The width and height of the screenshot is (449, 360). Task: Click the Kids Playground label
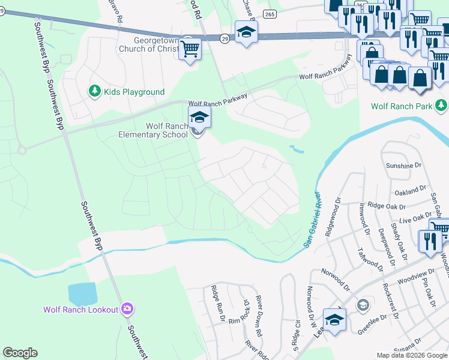click(x=134, y=92)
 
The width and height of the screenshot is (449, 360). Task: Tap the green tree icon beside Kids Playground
click(x=94, y=91)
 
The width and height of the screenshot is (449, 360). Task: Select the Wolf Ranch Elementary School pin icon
click(x=199, y=118)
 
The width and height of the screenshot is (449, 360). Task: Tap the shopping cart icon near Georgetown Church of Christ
click(x=190, y=50)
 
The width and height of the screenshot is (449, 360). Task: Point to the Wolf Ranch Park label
click(x=402, y=106)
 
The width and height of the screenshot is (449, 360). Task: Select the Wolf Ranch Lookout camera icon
click(x=127, y=309)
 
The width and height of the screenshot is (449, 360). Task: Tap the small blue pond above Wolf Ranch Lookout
click(x=83, y=294)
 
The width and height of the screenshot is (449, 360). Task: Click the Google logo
click(x=20, y=353)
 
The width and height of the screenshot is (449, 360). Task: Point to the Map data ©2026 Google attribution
click(x=412, y=355)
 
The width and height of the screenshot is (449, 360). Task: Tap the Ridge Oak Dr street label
click(x=384, y=205)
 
